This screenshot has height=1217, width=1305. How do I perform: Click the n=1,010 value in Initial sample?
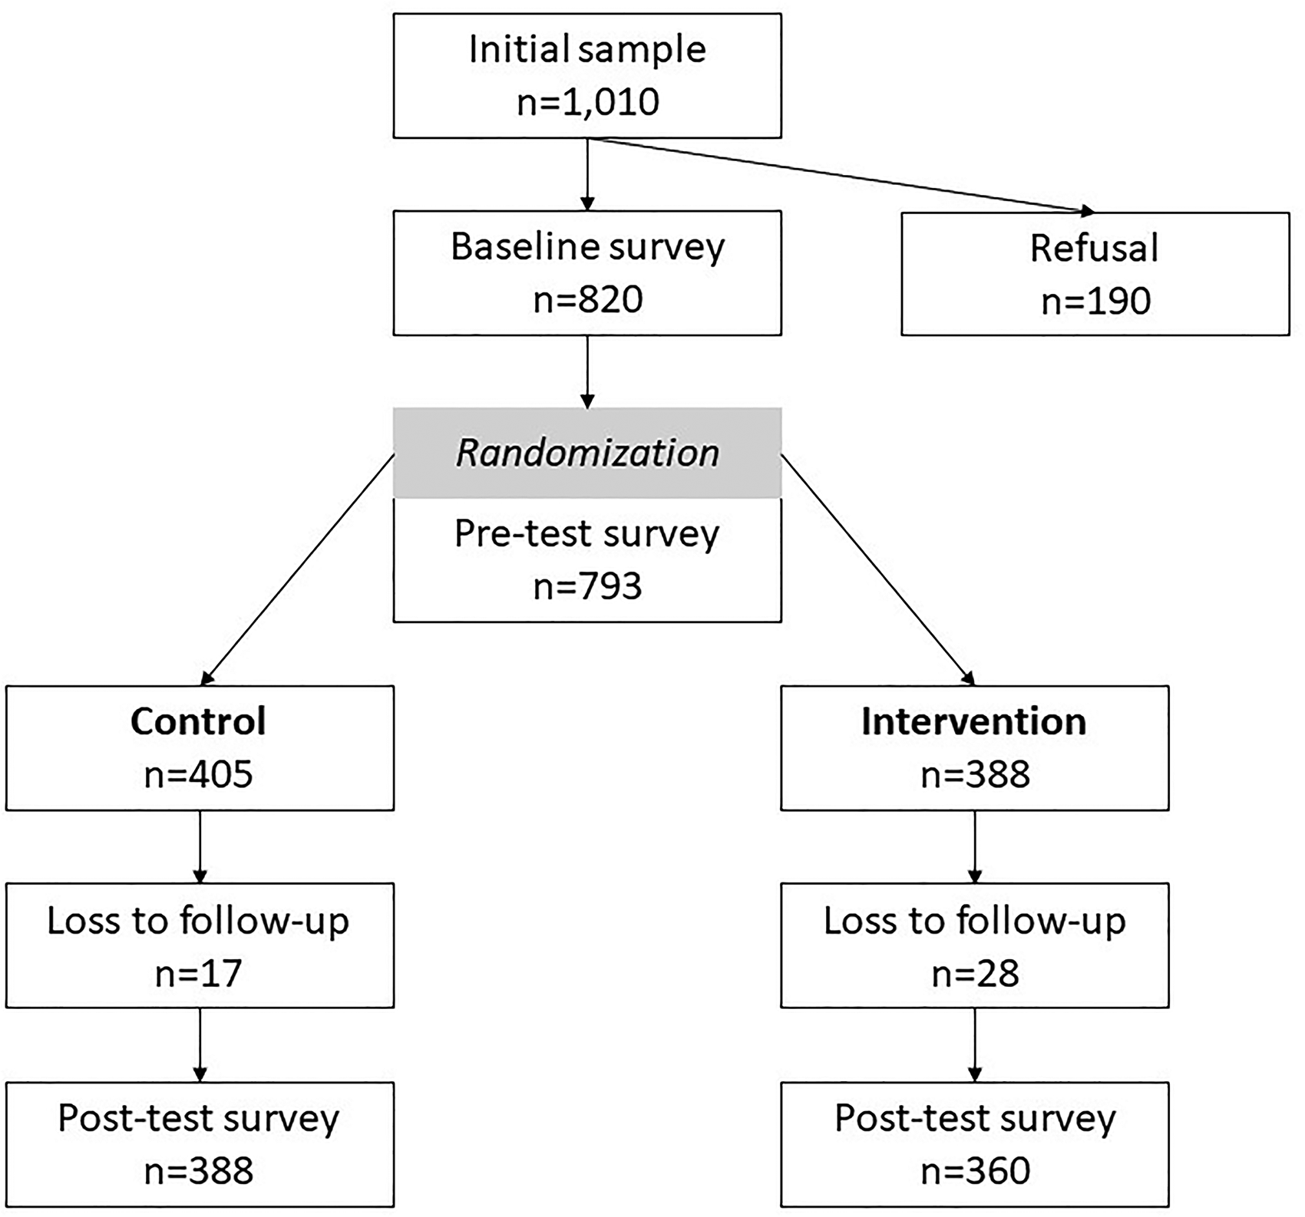587,102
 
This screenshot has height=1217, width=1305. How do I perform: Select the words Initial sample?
587,50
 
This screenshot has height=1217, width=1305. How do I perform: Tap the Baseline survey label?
587,247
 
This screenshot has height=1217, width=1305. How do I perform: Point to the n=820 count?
587,299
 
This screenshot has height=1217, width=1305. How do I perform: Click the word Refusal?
1094,248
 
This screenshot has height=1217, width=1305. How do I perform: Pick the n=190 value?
1095,301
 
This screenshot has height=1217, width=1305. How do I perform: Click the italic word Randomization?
587,453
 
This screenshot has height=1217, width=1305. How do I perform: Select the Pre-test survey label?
587,534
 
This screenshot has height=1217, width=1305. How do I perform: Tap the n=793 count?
587,586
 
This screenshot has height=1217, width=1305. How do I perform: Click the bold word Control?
199,721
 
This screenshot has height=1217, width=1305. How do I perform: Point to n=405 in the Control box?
199,774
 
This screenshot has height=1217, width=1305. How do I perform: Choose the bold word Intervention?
974,721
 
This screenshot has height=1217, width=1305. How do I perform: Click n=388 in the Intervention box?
975,774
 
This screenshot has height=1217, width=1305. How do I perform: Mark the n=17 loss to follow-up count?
199,973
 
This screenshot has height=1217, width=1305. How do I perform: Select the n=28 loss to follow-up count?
975,973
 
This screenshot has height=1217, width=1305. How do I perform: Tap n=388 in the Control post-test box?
199,1171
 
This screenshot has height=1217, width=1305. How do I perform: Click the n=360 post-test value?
975,1171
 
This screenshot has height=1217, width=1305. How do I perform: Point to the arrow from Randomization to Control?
297,569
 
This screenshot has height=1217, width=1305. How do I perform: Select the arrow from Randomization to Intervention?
878,569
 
